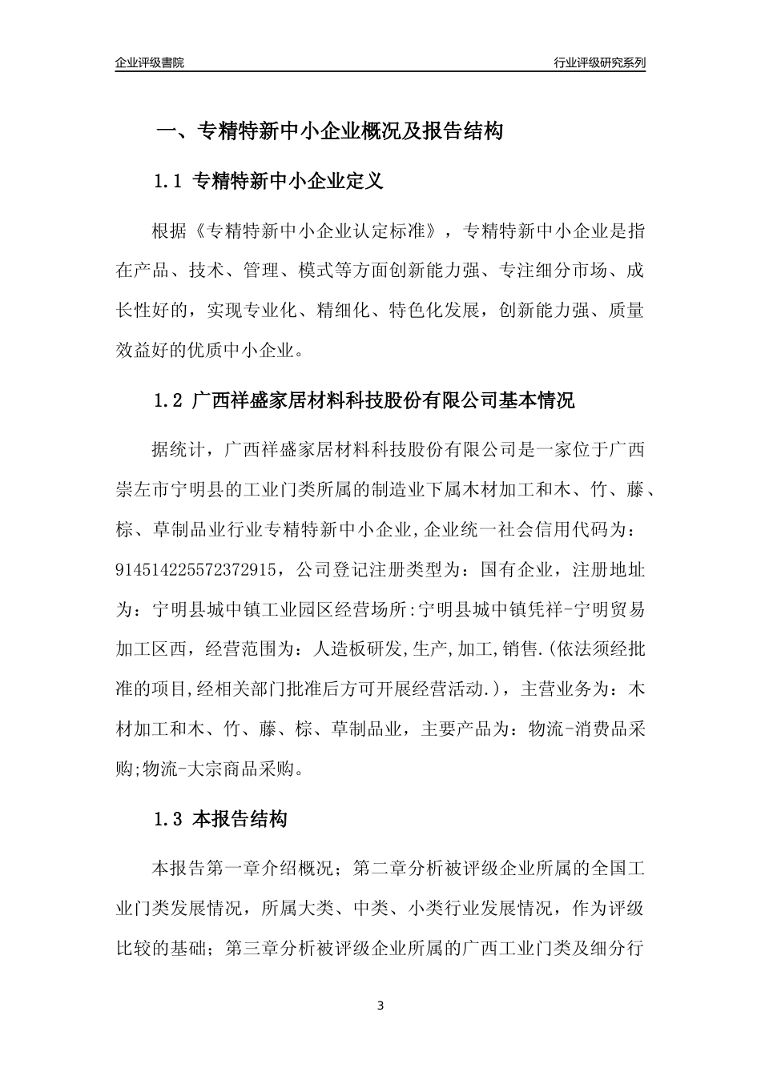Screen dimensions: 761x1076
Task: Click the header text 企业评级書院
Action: [150, 62]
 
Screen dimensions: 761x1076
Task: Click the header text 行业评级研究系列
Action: [599, 62]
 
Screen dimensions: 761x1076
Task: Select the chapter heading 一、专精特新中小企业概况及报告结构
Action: [329, 131]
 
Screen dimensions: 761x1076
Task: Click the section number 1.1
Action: [169, 182]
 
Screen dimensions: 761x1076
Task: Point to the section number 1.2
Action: [169, 401]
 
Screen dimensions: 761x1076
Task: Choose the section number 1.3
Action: [169, 820]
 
